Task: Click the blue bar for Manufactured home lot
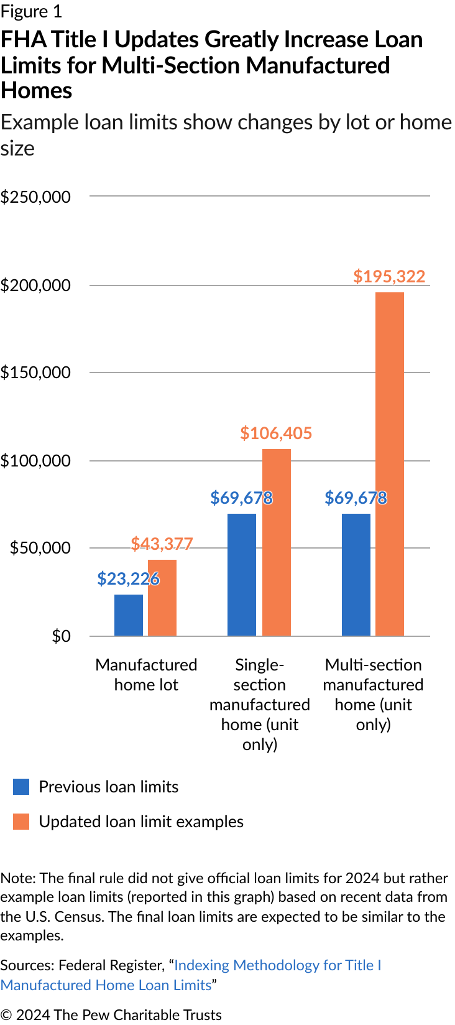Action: pos(129,615)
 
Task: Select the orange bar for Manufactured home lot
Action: pos(162,598)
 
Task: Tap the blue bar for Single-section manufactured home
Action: pos(242,575)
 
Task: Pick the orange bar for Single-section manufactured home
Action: pos(277,542)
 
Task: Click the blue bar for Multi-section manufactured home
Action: pos(356,575)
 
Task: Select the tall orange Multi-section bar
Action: pos(390,464)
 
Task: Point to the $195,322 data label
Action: pos(389,276)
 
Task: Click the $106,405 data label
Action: pos(276,433)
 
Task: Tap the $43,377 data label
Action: pos(162,544)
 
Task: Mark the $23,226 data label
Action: pos(128,579)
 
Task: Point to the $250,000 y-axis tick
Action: pos(35,197)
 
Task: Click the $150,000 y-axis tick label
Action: pos(35,373)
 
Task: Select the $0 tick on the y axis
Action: pos(61,636)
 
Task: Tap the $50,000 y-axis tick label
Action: pos(40,548)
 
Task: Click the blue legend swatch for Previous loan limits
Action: pos(21,787)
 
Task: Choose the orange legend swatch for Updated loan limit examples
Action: pos(21,822)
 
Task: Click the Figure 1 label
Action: pos(31,12)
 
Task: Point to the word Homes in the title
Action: pos(37,91)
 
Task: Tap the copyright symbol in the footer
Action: pos(6,1015)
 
